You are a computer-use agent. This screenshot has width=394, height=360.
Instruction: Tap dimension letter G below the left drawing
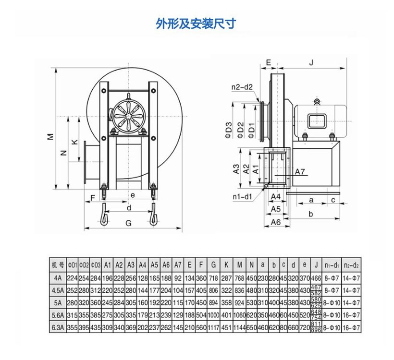pos(128,223)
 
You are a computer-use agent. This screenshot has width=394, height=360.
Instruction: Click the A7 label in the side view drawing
pos(300,172)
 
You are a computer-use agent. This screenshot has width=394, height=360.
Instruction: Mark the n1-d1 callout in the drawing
pos(242,196)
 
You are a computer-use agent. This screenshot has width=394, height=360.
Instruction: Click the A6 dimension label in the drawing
pos(275,222)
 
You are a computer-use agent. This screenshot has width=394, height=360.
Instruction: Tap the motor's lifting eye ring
pos(317,101)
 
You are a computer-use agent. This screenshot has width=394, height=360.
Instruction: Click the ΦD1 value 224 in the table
pos(72,277)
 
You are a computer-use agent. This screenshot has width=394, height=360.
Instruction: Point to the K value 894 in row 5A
pos(226,302)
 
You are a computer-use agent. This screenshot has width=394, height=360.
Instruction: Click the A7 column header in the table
pos(177,265)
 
